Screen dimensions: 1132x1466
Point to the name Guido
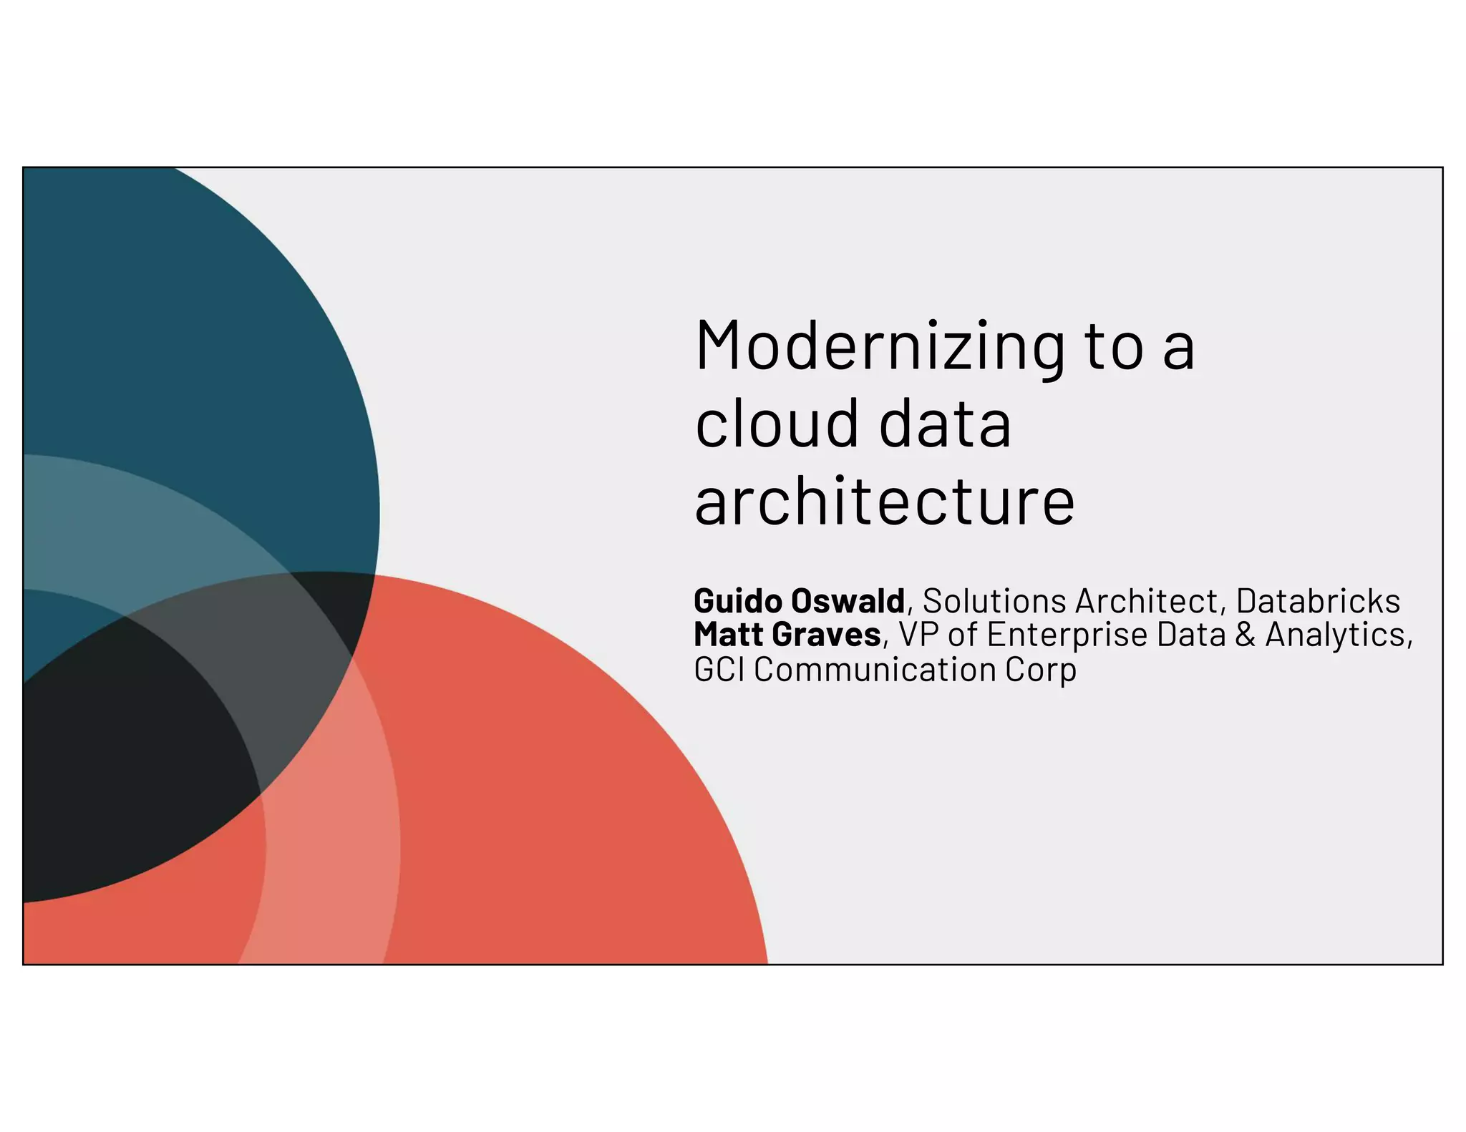(738, 601)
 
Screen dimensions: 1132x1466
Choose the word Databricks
(1318, 601)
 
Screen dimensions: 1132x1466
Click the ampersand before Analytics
(1246, 635)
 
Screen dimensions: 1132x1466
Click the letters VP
(918, 635)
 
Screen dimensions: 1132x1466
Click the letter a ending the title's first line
(1178, 349)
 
